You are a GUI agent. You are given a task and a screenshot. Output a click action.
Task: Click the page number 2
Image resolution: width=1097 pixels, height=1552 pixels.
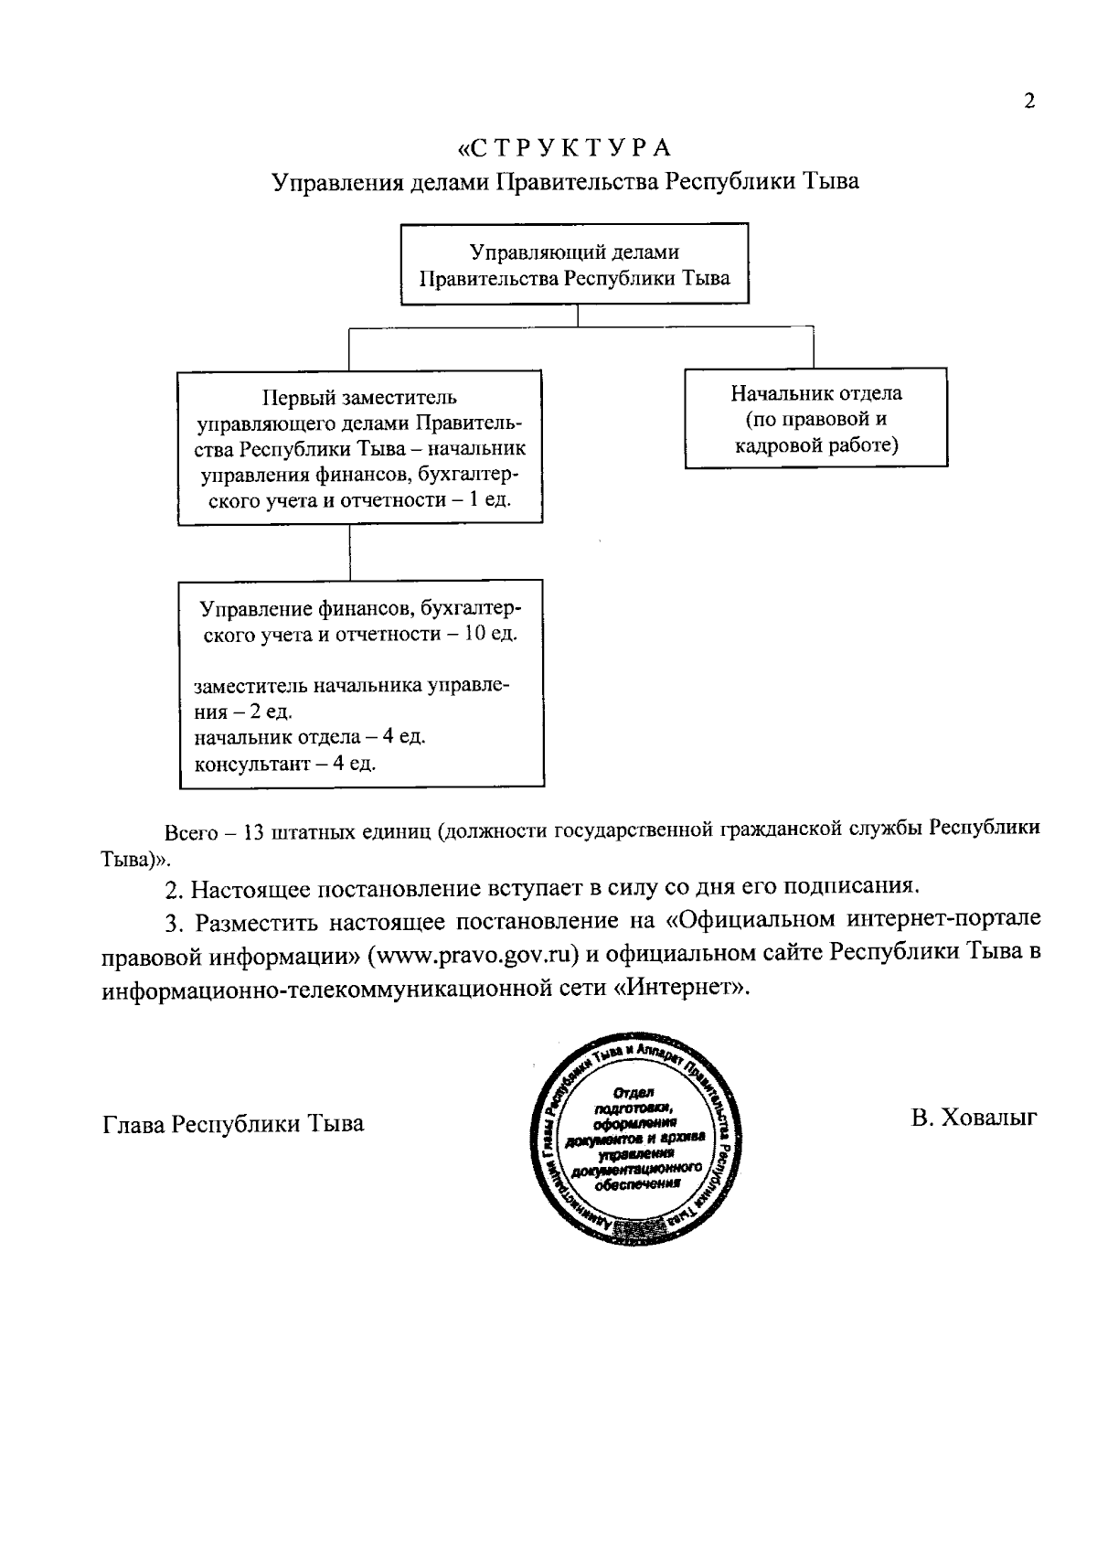tap(1029, 101)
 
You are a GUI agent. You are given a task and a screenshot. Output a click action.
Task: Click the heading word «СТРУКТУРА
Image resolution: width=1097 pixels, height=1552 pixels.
tap(564, 147)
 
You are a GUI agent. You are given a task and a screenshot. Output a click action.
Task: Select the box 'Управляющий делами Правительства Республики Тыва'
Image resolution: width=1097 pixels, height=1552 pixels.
tap(574, 264)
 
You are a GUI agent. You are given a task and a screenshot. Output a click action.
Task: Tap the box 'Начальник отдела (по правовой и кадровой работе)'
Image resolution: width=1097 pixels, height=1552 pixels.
tap(815, 419)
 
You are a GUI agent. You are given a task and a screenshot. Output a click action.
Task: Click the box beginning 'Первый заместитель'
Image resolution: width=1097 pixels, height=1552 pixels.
tap(359, 448)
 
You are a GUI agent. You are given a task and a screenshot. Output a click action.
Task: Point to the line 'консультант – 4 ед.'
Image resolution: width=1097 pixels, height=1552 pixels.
tap(285, 763)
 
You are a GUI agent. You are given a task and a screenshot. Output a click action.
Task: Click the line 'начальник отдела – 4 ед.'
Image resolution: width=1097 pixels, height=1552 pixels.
tap(310, 736)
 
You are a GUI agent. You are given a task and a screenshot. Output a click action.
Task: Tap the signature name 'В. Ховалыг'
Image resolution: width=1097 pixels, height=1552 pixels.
tap(975, 1117)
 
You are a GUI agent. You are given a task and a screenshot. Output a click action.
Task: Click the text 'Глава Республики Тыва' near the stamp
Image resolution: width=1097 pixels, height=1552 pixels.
tap(233, 1123)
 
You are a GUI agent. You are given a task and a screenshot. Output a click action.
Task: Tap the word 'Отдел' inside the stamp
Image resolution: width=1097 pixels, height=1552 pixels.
tap(629, 1094)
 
